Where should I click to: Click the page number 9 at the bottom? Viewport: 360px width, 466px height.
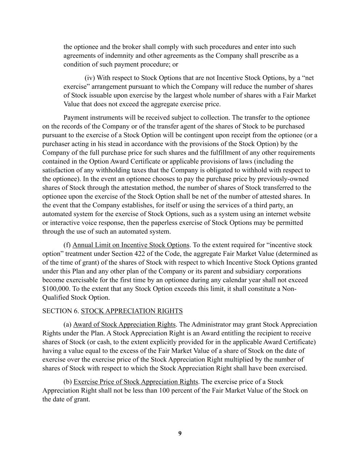(x=180, y=434)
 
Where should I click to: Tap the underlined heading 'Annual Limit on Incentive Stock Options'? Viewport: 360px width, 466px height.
(x=131, y=245)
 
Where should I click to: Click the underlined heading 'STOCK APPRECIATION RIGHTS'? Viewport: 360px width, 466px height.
(x=132, y=311)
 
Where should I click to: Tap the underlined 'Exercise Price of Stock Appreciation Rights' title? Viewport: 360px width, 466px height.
(x=135, y=382)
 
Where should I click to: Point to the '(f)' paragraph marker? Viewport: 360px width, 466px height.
(x=67, y=245)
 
